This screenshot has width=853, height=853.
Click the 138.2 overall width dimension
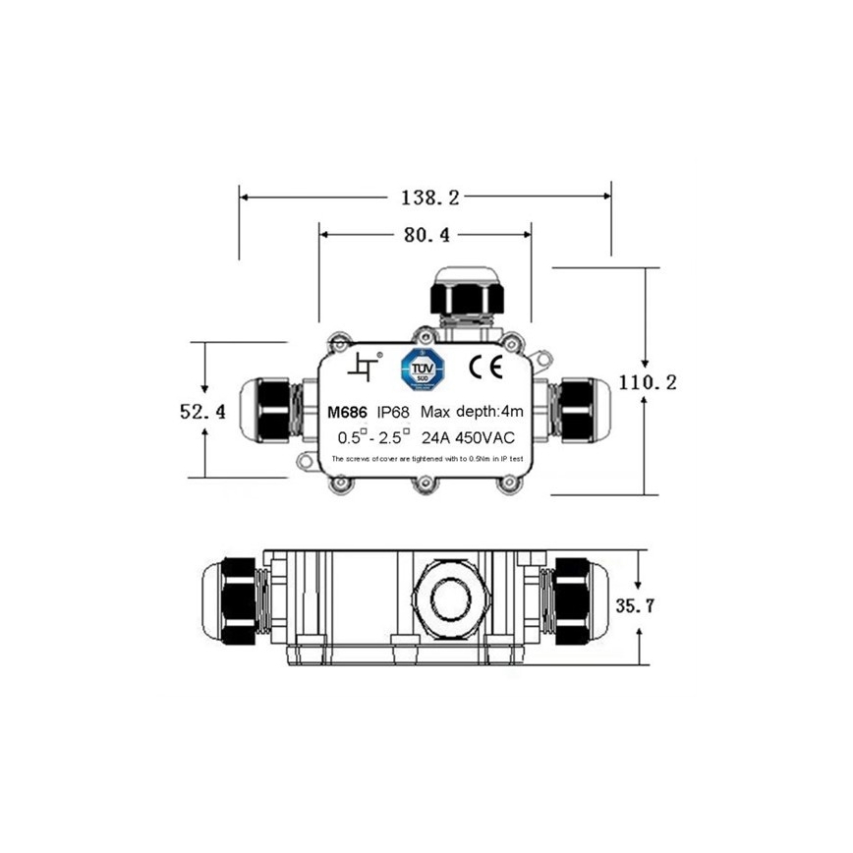click(x=429, y=198)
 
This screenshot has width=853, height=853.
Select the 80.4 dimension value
click(x=426, y=236)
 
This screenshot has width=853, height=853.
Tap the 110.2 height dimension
click(x=644, y=382)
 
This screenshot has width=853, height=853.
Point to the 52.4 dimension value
click(x=202, y=412)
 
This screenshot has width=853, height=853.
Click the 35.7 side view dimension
click(x=635, y=605)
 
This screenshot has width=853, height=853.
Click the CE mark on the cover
click(x=485, y=367)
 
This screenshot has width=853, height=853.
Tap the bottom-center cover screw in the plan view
click(x=424, y=483)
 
